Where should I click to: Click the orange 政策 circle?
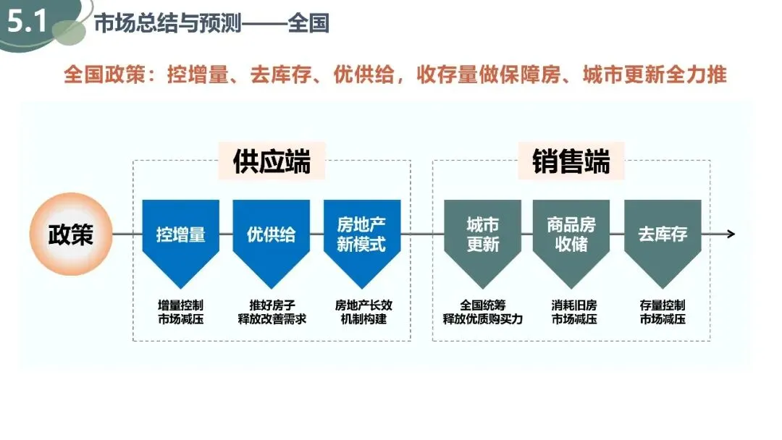pyautogui.click(x=71, y=234)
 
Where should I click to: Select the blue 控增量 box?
pyautogui.click(x=181, y=234)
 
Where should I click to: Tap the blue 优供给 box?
pyautogui.click(x=272, y=234)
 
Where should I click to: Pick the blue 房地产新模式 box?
pyautogui.click(x=362, y=234)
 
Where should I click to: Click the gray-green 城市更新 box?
pyautogui.click(x=483, y=234)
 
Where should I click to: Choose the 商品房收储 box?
pyautogui.click(x=571, y=234)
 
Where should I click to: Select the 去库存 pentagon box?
pyautogui.click(x=663, y=234)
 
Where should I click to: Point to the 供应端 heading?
pyautogui.click(x=272, y=161)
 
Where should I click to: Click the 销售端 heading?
pyautogui.click(x=571, y=161)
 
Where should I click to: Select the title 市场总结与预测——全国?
pyautogui.click(x=211, y=23)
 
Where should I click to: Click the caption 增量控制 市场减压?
pyautogui.click(x=181, y=312)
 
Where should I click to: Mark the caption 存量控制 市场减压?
pyautogui.click(x=663, y=312)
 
